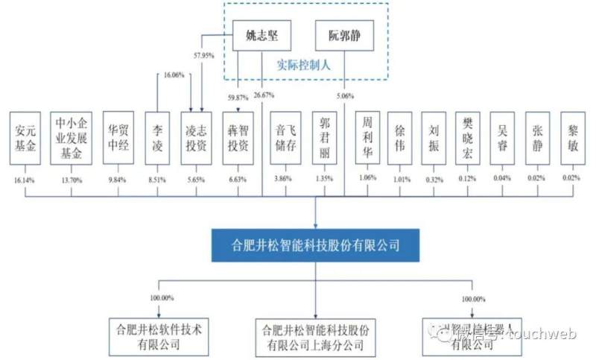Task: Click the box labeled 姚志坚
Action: (x=261, y=35)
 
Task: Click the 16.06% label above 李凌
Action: (x=173, y=75)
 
